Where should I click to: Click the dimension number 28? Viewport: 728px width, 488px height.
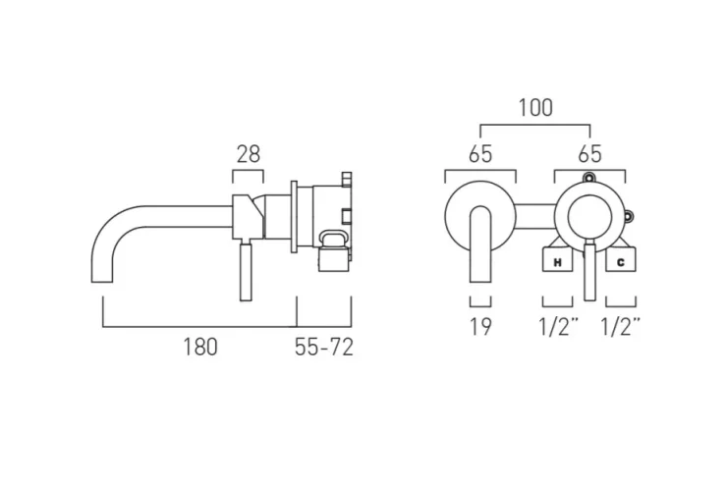[248, 153]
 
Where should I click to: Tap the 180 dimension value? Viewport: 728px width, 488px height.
[199, 347]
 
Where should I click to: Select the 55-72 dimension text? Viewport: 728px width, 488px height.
[324, 347]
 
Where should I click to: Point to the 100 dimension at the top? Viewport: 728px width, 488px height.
[534, 108]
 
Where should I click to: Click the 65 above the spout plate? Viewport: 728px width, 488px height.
[480, 153]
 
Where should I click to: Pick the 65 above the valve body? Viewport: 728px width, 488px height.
[589, 153]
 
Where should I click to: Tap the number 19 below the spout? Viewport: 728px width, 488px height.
[480, 328]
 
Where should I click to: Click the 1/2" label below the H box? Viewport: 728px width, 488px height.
[558, 328]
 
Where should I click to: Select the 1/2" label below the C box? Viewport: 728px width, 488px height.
[621, 328]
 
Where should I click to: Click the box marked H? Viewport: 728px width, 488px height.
[557, 262]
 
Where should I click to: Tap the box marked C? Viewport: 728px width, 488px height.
[621, 262]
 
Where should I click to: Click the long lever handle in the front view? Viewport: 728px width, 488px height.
[589, 269]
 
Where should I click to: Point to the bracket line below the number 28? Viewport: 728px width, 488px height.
[248, 174]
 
